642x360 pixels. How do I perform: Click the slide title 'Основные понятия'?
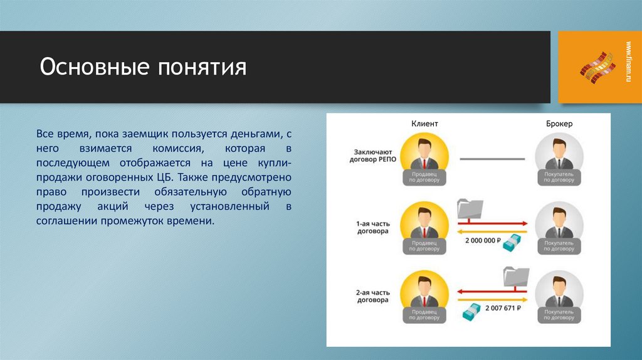coord(143,66)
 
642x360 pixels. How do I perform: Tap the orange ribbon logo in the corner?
coord(597,66)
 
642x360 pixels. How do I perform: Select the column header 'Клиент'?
coord(424,124)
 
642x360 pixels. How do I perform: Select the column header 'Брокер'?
coord(559,124)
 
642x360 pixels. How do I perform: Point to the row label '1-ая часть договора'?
coord(372,226)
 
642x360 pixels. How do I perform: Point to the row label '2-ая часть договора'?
coord(372,296)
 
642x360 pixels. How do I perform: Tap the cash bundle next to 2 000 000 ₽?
coord(514,241)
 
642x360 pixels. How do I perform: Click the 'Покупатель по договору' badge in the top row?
coord(559,176)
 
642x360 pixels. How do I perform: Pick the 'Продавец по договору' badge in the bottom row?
coord(424,314)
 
